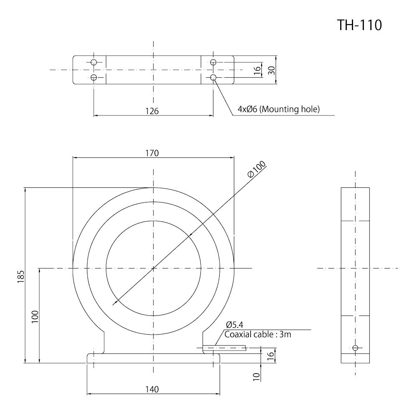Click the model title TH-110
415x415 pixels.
359,25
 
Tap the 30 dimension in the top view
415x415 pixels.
271,70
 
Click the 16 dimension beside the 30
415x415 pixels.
257,70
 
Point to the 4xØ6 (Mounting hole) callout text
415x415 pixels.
278,109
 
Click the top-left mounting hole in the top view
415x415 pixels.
94,62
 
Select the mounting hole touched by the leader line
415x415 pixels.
213,77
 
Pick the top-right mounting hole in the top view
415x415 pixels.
213,62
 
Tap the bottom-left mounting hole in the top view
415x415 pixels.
94,77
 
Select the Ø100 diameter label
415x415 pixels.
256,171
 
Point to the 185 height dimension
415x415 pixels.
21,277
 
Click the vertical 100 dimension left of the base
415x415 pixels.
35,316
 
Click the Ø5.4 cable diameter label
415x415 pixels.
235,325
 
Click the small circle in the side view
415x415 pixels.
355,348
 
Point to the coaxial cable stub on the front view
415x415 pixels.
224,347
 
